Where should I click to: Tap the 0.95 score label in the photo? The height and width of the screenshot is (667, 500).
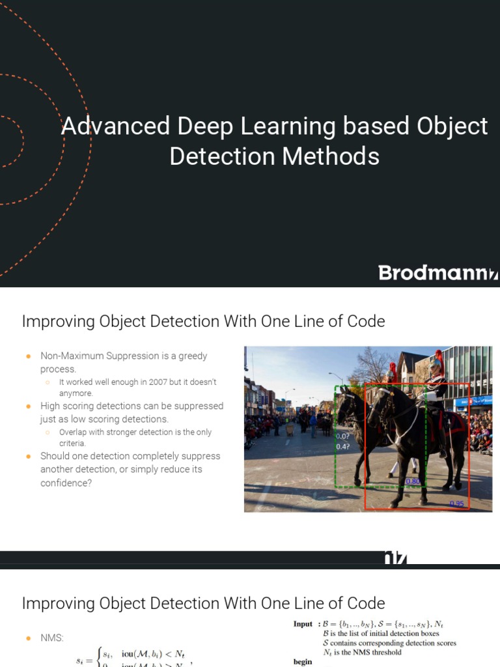click(x=456, y=504)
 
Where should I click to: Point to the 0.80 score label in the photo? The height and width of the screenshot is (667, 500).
click(x=413, y=482)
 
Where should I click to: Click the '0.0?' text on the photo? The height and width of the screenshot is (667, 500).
click(x=342, y=436)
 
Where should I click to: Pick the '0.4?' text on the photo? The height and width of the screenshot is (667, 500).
click(x=342, y=447)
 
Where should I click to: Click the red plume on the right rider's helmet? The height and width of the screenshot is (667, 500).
click(x=439, y=357)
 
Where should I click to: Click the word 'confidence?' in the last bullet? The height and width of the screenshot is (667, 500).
click(x=66, y=483)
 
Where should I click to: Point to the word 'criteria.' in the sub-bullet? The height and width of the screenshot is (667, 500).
click(x=72, y=443)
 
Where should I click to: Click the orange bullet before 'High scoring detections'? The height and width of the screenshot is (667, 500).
click(x=29, y=406)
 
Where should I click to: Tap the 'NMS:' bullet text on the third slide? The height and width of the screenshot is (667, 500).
click(x=52, y=638)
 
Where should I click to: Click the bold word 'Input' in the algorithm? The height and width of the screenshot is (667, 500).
click(x=303, y=624)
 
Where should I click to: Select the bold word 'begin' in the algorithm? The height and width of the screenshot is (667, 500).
click(x=303, y=662)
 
